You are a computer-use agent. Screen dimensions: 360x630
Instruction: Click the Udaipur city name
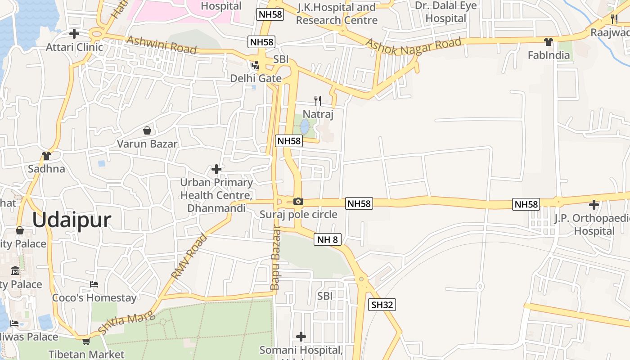click(72, 220)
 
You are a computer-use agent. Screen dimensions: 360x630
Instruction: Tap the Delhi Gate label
click(256, 78)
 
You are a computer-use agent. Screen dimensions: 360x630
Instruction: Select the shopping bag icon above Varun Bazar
click(147, 131)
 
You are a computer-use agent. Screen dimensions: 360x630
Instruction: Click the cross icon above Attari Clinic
click(74, 34)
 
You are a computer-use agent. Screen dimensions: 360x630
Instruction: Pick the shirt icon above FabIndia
click(548, 42)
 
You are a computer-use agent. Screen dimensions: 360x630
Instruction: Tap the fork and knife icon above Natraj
click(318, 100)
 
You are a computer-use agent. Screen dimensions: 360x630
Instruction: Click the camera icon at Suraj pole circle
click(298, 201)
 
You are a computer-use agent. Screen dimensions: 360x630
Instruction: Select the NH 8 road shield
click(327, 239)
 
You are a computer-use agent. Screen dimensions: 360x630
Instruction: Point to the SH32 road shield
click(382, 305)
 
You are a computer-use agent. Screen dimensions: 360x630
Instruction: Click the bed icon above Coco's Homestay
click(94, 284)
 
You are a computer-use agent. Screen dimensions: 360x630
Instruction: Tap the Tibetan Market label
click(86, 354)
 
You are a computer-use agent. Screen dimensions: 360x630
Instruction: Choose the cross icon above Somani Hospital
click(301, 336)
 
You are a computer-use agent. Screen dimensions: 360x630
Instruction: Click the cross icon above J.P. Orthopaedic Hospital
click(594, 205)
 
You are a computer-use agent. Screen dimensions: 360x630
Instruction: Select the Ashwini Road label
click(162, 45)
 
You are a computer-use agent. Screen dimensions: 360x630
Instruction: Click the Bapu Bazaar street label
click(275, 258)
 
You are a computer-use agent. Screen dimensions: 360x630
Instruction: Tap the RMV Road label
click(189, 256)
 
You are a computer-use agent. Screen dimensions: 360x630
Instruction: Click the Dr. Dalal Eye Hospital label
click(440, 12)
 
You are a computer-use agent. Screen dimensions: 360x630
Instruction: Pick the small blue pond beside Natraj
click(305, 126)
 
